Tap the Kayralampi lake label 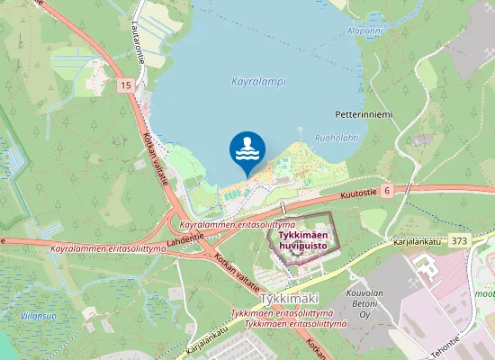[x=258, y=81]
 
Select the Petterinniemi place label [x=364, y=115]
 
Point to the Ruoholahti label [x=337, y=138]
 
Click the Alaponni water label [x=364, y=30]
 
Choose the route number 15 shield [x=124, y=85]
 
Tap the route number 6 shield [x=386, y=191]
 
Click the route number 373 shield [x=460, y=240]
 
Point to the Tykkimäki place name [x=290, y=298]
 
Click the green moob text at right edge [x=485, y=293]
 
